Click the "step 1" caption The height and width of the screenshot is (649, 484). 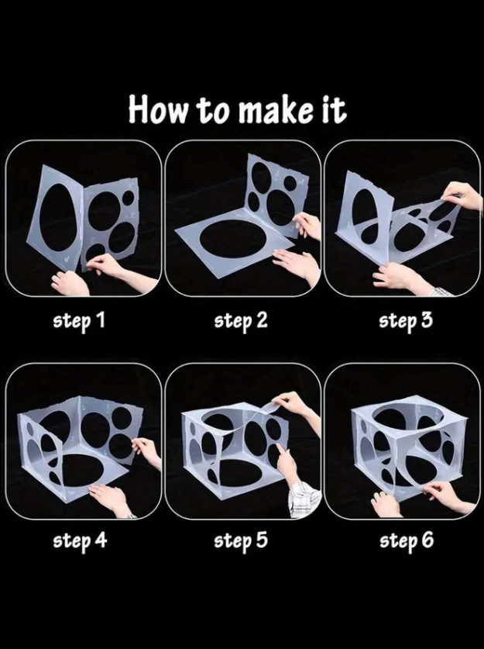pyautogui.click(x=79, y=322)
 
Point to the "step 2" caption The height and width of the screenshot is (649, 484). pyautogui.click(x=241, y=322)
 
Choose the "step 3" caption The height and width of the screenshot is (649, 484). pyautogui.click(x=406, y=322)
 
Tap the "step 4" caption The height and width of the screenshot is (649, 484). pyautogui.click(x=80, y=541)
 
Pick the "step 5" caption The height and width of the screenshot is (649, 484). pyautogui.click(x=241, y=541)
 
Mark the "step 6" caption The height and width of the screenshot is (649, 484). pyautogui.click(x=407, y=541)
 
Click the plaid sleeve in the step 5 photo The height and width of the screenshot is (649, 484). pyautogui.click(x=304, y=499)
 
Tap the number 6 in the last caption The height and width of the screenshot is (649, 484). pyautogui.click(x=427, y=540)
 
